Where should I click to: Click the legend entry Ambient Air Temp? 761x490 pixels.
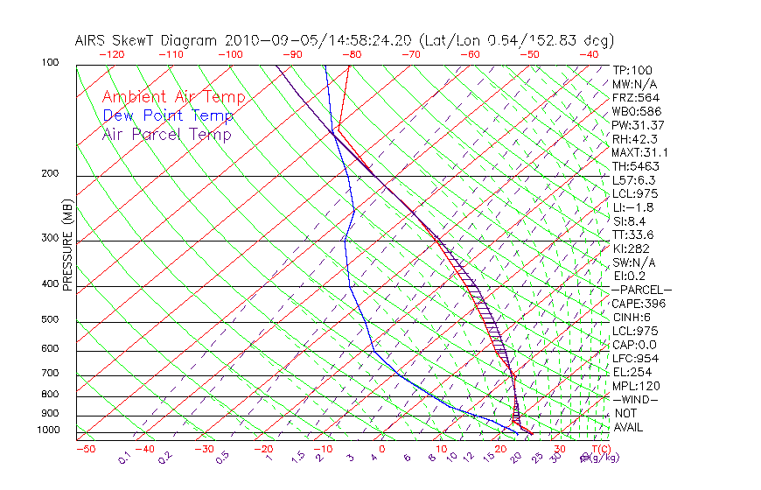pyautogui.click(x=173, y=97)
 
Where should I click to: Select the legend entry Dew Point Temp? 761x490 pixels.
pyautogui.click(x=168, y=115)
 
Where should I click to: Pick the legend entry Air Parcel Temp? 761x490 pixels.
pyautogui.click(x=166, y=134)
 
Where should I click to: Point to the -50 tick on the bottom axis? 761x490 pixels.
pyautogui.click(x=85, y=450)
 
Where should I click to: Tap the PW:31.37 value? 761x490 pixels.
pyautogui.click(x=637, y=125)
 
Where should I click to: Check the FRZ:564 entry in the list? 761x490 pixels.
pyautogui.click(x=633, y=98)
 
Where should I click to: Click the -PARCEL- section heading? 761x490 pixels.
pyautogui.click(x=641, y=290)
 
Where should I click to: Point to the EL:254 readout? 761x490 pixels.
pyautogui.click(x=631, y=372)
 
